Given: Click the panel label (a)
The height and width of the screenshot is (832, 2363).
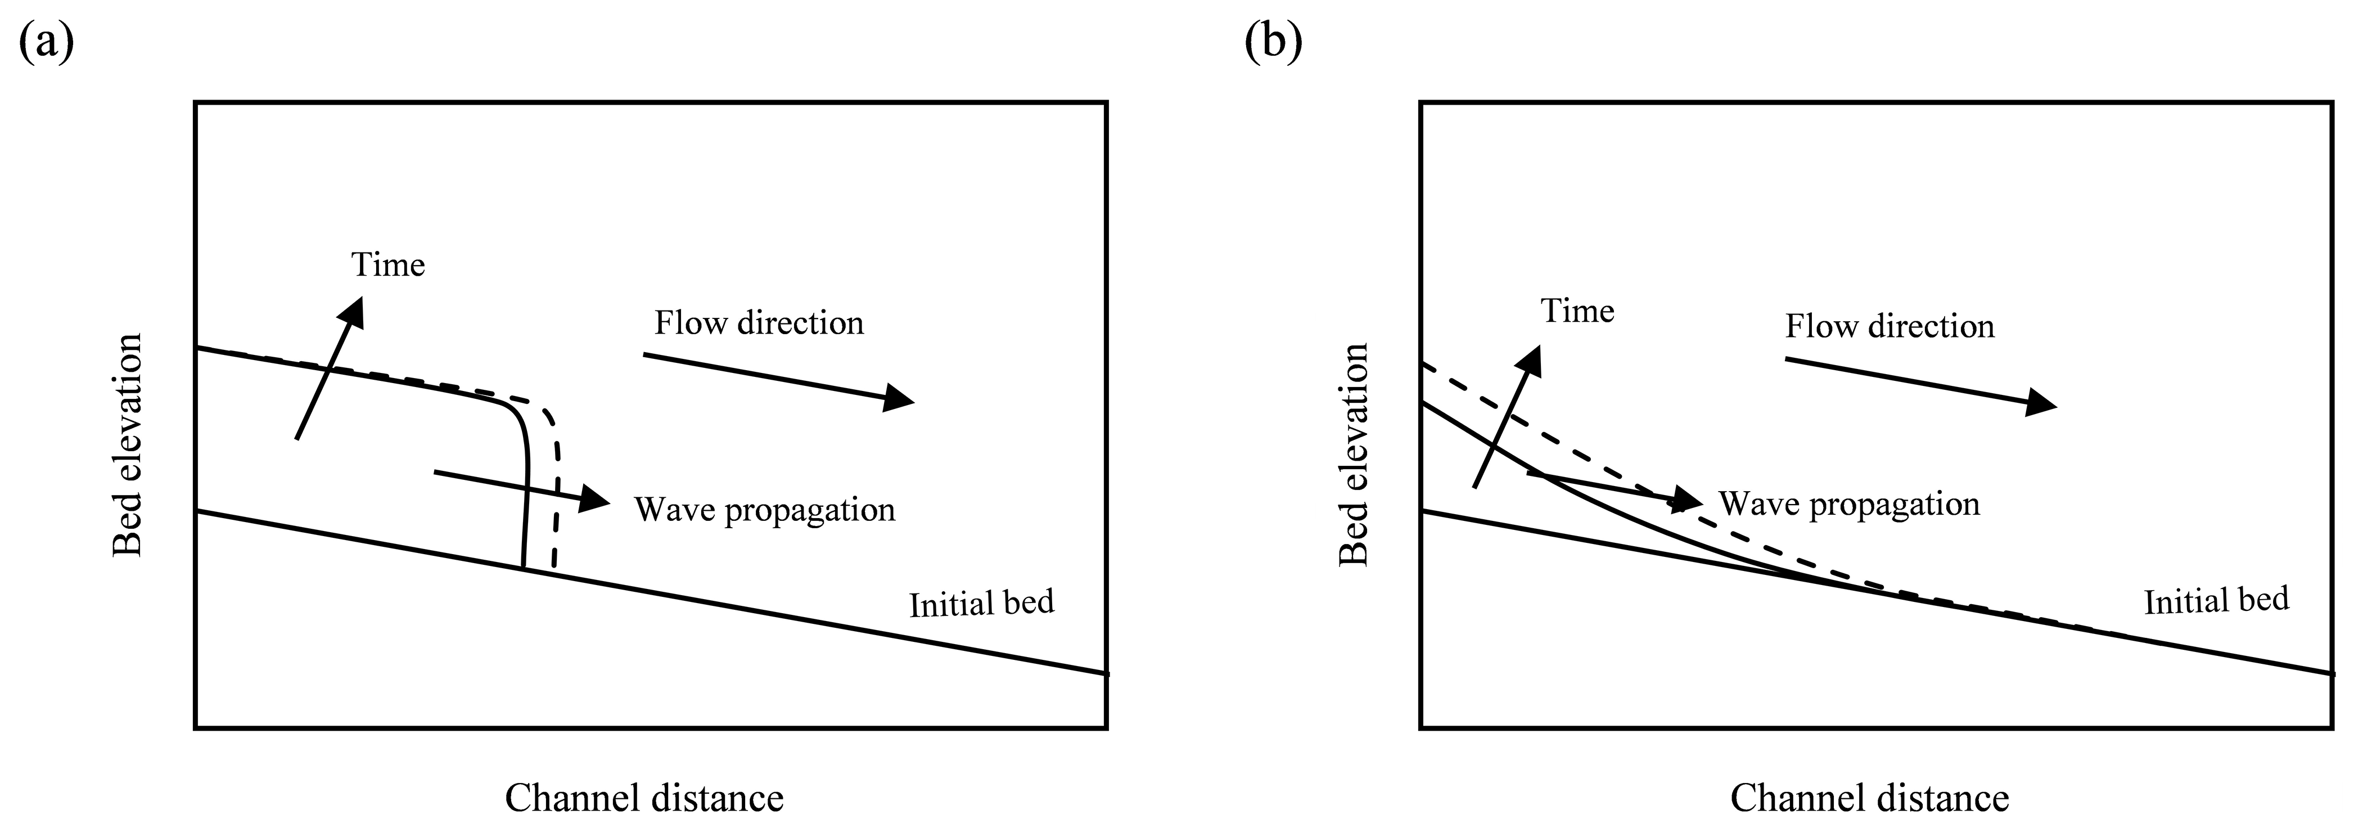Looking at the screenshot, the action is coord(46,41).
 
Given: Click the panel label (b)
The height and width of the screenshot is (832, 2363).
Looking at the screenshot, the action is coord(1273,41).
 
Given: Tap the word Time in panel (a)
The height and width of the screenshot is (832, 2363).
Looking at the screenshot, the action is coord(388,265).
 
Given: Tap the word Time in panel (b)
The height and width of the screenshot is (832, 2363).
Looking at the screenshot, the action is coord(1578,311).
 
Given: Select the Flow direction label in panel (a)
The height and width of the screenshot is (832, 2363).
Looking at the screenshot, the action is coord(759,323).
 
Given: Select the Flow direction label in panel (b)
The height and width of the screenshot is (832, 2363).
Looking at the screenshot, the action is coord(1890,327).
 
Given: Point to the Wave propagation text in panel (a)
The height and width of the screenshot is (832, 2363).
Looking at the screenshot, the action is coord(764,510).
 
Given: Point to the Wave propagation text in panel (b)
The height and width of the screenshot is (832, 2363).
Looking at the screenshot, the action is coord(1850,503).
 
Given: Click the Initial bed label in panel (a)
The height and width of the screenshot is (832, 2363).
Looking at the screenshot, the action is coord(981,604).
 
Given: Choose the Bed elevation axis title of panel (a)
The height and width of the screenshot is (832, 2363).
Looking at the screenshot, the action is coord(128,445).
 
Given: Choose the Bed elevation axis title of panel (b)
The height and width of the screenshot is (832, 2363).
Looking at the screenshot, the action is coord(1354,454).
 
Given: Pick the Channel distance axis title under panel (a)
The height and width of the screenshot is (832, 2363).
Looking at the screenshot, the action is coord(644,798).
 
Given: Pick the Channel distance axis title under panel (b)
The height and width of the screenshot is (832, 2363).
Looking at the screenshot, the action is coord(1869,798).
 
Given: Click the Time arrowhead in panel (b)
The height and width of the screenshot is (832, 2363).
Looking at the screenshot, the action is coord(1530,361).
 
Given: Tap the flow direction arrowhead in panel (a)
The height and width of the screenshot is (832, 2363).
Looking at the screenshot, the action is coord(899,398).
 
